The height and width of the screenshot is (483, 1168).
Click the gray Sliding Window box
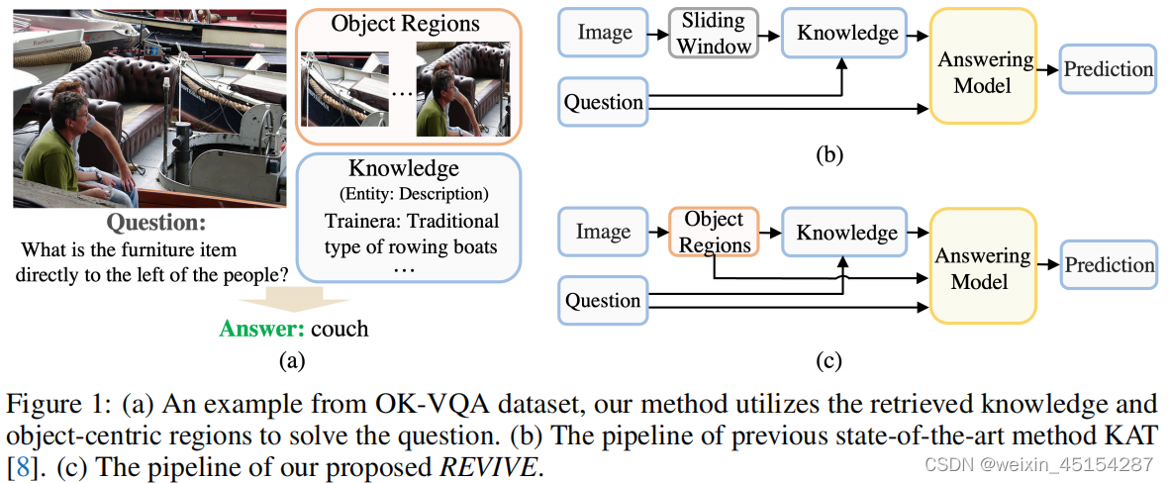(713, 33)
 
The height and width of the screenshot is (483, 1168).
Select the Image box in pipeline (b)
(604, 33)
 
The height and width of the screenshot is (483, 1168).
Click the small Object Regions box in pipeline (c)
(713, 232)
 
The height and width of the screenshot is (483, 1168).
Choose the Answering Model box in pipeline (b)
(983, 72)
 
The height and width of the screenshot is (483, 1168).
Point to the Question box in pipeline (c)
(603, 301)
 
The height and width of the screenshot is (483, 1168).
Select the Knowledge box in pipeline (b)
(848, 33)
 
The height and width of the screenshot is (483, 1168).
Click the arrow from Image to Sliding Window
(657, 34)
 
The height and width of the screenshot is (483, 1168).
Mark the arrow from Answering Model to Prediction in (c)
(1048, 264)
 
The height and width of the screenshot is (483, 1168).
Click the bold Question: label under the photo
(156, 223)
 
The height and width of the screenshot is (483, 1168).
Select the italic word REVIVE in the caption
(488, 466)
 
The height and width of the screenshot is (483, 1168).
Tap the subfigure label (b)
(827, 154)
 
